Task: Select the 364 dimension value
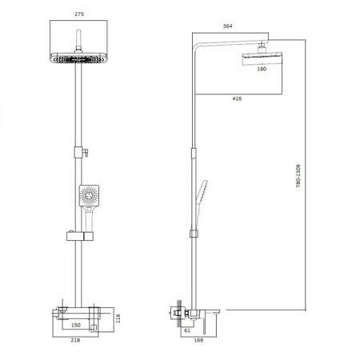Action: click(228, 26)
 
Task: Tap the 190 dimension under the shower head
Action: click(261, 70)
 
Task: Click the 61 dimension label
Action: click(186, 329)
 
